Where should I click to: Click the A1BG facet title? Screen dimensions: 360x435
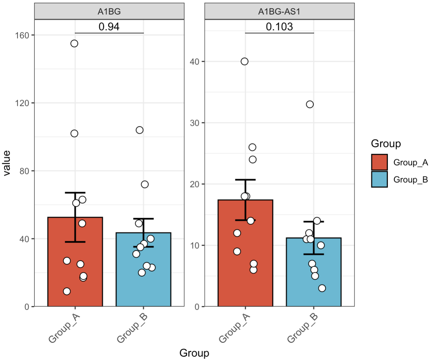(109, 11)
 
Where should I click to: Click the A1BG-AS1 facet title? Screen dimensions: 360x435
(279, 11)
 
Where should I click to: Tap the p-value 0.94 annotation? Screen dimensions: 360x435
(109, 27)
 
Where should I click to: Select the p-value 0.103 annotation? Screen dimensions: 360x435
(279, 27)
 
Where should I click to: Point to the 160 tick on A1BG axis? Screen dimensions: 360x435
(22, 35)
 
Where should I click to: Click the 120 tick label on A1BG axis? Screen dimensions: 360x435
(22, 103)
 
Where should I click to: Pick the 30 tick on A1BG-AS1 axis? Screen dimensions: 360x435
(195, 123)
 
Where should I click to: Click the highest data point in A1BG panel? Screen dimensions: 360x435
(74, 43)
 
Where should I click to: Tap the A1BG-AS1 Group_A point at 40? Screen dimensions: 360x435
(244, 62)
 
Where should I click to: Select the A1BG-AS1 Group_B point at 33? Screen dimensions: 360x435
(310, 104)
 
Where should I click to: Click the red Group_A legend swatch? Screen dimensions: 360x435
(379, 162)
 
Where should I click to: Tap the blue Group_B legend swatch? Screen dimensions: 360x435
(379, 179)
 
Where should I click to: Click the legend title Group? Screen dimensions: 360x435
(386, 144)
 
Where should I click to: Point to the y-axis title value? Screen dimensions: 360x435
(7, 163)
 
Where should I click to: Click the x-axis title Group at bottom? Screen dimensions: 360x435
(194, 353)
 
